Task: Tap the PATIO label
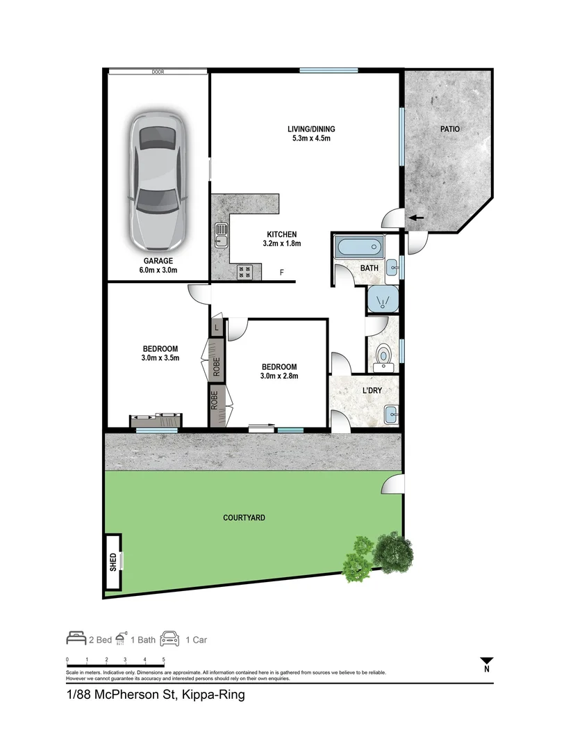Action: point(449,129)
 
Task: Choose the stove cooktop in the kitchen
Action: point(246,272)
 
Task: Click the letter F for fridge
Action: point(281,272)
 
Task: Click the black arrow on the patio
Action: point(416,218)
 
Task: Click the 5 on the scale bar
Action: point(163,659)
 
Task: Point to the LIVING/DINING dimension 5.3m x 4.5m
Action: point(311,138)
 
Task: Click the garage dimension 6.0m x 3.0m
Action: point(158,270)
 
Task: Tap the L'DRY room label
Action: point(372,391)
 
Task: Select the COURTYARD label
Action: point(244,518)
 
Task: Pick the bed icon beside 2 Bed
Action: point(76,638)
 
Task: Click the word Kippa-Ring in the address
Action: point(213,695)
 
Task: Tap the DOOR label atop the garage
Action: point(158,72)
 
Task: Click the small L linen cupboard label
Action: point(217,327)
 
